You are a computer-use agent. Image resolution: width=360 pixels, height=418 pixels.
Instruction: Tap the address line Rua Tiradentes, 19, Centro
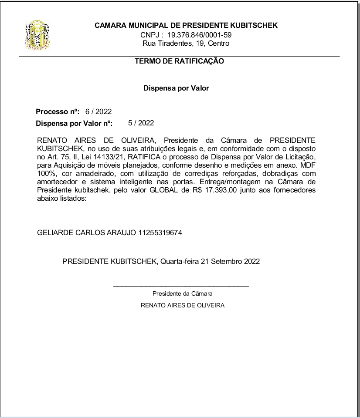coord(186,43)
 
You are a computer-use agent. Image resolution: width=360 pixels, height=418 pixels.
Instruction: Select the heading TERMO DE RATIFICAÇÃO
coord(179,61)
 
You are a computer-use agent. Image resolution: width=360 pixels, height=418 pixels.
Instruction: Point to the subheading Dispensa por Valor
coord(176,88)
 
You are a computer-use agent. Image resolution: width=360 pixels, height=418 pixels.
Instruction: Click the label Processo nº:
coord(58,112)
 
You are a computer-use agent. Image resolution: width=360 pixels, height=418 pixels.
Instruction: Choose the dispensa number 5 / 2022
coord(141,123)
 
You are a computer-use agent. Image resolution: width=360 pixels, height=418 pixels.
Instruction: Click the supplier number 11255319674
coord(160,233)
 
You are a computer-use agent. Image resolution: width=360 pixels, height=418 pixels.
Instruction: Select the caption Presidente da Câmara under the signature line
coord(182,293)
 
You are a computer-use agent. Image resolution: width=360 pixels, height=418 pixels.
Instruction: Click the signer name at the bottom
coord(182,305)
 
